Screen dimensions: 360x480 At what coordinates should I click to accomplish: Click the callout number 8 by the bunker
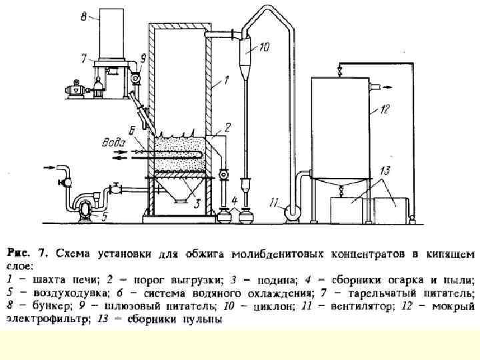coord(83,18)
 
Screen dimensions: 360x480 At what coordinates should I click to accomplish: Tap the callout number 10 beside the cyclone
coord(265,47)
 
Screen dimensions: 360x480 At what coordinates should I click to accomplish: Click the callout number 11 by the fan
coord(275,201)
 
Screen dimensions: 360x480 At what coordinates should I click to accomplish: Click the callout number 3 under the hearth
coord(197,204)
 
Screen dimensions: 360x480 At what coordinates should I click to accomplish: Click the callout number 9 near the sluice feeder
coord(143,57)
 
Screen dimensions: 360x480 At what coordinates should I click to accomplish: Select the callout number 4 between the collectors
coord(235,201)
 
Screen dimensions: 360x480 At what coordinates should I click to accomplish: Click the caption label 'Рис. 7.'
coord(27,253)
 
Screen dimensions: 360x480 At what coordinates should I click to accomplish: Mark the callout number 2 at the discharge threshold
coord(227,126)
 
